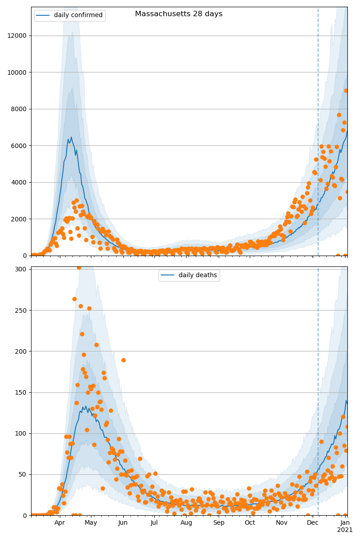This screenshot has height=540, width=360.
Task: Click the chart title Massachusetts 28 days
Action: (179, 14)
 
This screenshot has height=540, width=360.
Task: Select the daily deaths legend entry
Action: (197, 275)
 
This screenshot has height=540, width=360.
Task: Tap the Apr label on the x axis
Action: (59, 523)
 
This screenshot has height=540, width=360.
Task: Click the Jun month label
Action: (123, 523)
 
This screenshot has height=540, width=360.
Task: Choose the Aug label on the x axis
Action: (186, 523)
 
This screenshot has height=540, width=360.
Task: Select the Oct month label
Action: (250, 523)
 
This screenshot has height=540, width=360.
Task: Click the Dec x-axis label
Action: (313, 523)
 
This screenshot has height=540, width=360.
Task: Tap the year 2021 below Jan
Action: (345, 530)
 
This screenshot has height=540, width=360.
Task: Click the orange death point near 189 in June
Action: (123, 360)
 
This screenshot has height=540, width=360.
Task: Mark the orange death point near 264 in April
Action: (74, 299)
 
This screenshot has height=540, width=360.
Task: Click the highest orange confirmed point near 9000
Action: (346, 90)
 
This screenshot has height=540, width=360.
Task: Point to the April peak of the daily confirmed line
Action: (71, 137)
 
